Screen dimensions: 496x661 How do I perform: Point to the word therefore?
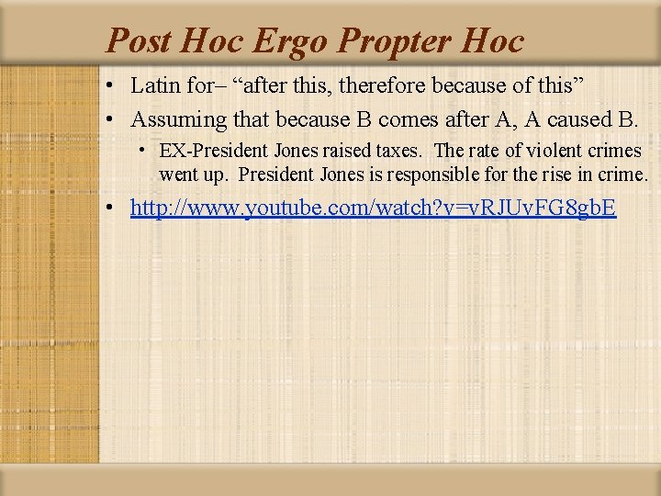pyautogui.click(x=384, y=86)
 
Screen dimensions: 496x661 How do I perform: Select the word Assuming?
pyautogui.click(x=179, y=119)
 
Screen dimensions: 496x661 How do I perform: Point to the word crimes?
pyautogui.click(x=613, y=151)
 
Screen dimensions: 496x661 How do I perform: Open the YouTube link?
pyautogui.click(x=373, y=209)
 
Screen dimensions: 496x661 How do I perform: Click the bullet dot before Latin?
pyautogui.click(x=109, y=87)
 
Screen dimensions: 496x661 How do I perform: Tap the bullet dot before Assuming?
pyautogui.click(x=109, y=120)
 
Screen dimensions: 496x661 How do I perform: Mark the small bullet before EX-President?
pyautogui.click(x=145, y=150)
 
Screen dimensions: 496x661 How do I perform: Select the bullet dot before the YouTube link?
pyautogui.click(x=109, y=209)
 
